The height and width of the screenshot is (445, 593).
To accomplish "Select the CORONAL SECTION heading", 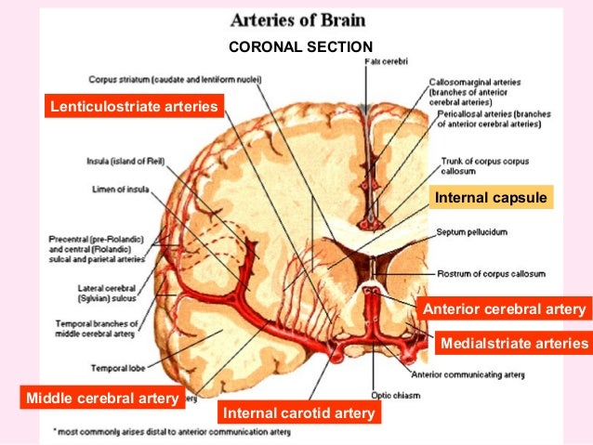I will (299, 47).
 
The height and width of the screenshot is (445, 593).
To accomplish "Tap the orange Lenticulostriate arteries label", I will (130, 108).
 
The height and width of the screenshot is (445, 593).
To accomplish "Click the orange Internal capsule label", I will (491, 198).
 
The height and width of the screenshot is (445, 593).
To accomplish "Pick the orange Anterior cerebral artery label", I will (504, 309).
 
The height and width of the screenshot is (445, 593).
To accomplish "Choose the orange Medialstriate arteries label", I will (514, 344).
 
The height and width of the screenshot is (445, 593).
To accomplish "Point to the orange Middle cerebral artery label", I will (102, 399).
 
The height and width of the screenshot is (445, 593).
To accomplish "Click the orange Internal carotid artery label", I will (298, 412).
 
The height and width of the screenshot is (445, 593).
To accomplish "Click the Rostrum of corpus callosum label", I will (491, 275).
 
